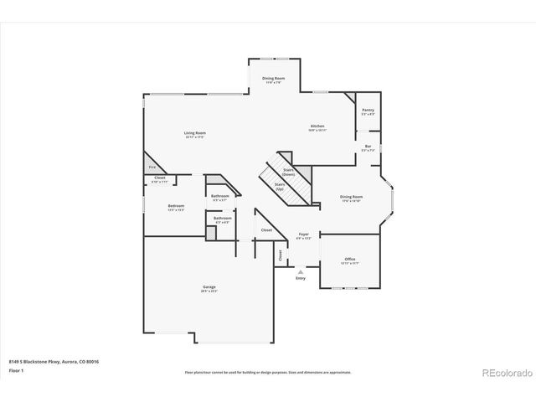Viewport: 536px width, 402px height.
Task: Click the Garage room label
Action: point(209,287)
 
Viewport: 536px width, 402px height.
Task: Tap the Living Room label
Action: point(195,133)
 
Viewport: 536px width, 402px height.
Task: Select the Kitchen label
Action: point(317,126)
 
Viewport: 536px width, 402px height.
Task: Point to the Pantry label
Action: point(368,111)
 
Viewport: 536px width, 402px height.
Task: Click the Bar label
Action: point(368,147)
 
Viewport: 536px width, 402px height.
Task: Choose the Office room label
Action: point(350,260)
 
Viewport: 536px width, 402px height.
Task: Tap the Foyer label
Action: point(303,234)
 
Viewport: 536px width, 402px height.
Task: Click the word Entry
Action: point(301,278)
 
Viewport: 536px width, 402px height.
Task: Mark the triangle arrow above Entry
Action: point(301,271)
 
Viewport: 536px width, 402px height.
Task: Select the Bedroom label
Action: point(176,206)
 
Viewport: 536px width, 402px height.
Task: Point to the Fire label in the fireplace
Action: point(152,167)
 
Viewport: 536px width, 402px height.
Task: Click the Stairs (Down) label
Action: point(288,171)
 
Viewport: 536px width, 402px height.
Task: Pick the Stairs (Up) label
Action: point(280,186)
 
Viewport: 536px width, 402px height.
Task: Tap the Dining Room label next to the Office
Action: point(351,198)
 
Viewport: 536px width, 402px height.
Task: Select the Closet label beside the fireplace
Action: point(159,178)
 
